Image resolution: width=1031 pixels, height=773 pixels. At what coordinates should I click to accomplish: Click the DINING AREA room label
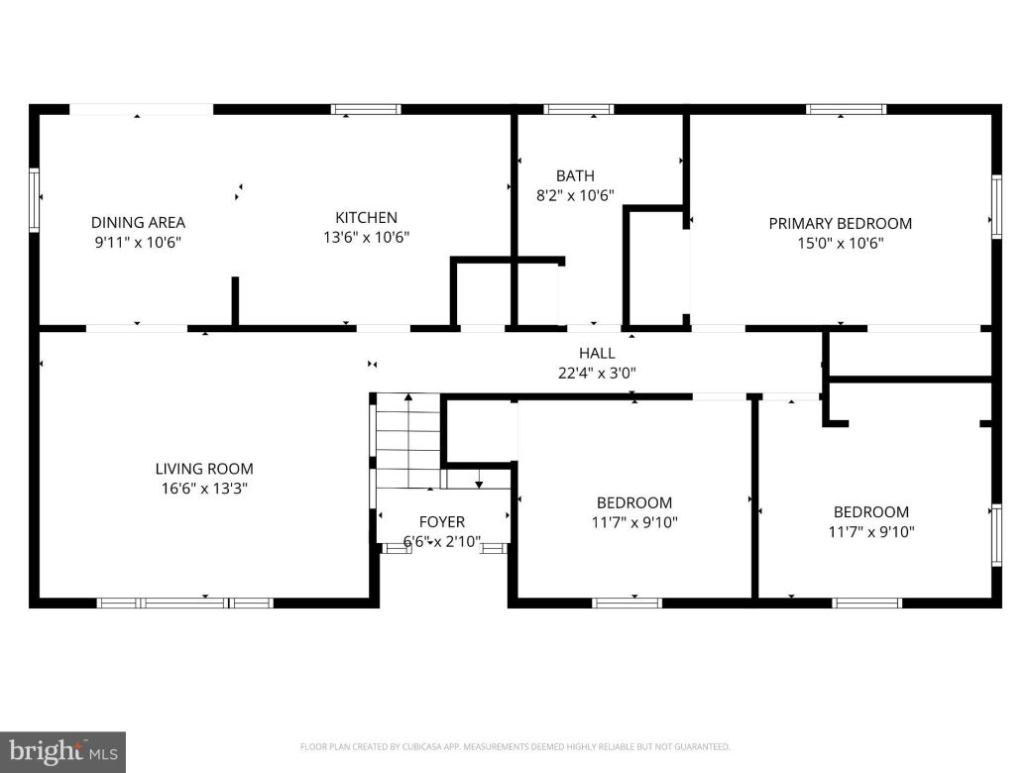(138, 223)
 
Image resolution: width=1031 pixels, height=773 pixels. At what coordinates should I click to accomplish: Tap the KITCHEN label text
(366, 218)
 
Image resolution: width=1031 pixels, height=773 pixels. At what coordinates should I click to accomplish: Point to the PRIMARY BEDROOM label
(840, 224)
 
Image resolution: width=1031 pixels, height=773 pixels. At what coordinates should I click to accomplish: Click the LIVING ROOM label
(203, 469)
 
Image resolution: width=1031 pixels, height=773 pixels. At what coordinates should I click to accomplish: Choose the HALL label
(597, 353)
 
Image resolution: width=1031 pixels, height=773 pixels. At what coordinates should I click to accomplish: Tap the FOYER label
(441, 522)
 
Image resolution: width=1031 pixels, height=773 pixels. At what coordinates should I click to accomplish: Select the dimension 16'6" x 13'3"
(203, 489)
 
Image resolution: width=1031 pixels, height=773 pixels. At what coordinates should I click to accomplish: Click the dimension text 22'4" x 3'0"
(597, 374)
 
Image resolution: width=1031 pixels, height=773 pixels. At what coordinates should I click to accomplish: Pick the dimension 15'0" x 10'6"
(840, 244)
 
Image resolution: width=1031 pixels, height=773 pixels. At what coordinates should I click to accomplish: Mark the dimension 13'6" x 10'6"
(366, 238)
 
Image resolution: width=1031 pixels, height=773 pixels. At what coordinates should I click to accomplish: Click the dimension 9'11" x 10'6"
(138, 243)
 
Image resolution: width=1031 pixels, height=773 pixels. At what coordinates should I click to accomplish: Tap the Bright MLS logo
(62, 751)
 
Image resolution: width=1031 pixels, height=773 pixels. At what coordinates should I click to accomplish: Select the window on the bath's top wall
(579, 109)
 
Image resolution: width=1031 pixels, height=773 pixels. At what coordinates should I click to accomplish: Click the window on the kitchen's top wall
(366, 109)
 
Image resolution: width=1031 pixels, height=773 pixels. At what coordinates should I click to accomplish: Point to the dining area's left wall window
(35, 199)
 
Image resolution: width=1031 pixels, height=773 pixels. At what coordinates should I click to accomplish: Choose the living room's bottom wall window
(184, 602)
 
